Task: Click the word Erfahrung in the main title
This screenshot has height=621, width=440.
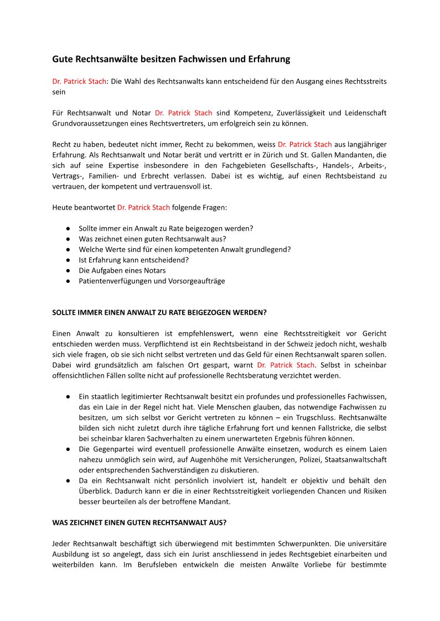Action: pyautogui.click(x=268, y=58)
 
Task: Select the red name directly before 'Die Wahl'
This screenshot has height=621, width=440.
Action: pyautogui.click(x=79, y=81)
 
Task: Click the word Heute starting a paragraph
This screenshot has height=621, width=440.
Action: pyautogui.click(x=64, y=207)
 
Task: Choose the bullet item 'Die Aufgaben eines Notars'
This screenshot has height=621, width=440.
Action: pyautogui.click(x=122, y=270)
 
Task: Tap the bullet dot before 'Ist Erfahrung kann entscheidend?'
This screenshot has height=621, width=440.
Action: pyautogui.click(x=67, y=260)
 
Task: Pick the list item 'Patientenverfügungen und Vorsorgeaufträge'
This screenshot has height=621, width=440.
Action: pyautogui.click(x=152, y=281)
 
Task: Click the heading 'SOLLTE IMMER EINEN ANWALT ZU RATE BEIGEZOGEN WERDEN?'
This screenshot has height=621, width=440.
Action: pyautogui.click(x=159, y=312)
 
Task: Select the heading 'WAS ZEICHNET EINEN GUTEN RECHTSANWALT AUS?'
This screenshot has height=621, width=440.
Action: pyautogui.click(x=139, y=522)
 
